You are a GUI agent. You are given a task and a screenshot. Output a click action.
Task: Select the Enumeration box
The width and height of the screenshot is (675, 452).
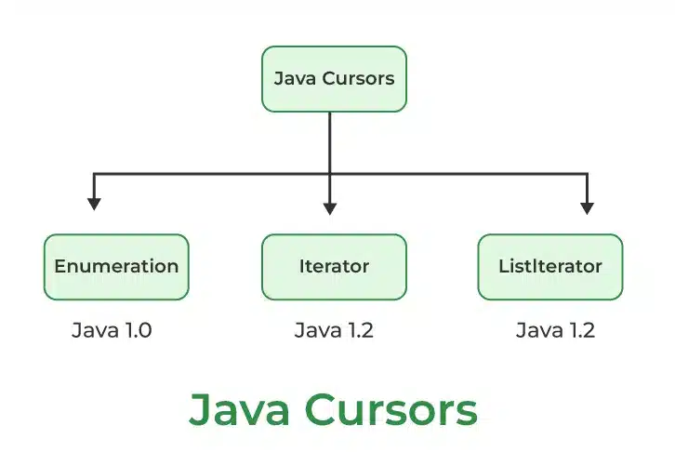[x=116, y=267]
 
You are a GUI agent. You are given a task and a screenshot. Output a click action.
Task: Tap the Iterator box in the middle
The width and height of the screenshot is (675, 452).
[x=334, y=267]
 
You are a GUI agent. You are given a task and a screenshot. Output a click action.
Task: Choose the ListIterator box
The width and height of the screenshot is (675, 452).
[x=549, y=267]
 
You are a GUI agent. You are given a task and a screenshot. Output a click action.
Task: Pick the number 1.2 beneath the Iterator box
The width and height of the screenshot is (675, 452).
[x=356, y=330]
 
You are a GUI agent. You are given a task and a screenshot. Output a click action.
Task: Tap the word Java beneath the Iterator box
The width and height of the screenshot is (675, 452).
[x=314, y=330]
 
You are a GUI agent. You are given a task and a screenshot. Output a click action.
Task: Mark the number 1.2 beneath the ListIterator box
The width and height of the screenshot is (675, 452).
[x=576, y=330]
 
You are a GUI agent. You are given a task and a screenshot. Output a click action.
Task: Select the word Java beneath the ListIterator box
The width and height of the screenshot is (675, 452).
[x=536, y=330]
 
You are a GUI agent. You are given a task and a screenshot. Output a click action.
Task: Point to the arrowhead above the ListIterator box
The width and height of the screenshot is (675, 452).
[x=587, y=206]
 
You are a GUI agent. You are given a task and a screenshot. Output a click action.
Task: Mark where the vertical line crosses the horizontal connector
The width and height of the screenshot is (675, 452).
[x=330, y=174]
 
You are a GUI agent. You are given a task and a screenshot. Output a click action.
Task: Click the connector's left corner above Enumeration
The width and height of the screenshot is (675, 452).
[x=91, y=174]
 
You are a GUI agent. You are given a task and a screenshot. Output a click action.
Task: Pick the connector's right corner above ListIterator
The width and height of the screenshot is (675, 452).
[x=587, y=174]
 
